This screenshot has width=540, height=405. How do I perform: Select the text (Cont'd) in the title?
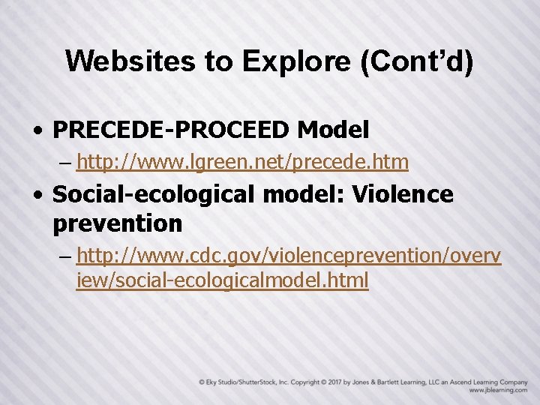click(416, 61)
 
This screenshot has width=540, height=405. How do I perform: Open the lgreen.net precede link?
click(242, 161)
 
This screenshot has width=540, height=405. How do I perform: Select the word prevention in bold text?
click(118, 223)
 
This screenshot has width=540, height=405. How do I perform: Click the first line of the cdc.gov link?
click(289, 256)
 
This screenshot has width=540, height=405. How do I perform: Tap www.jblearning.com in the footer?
click(498, 391)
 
